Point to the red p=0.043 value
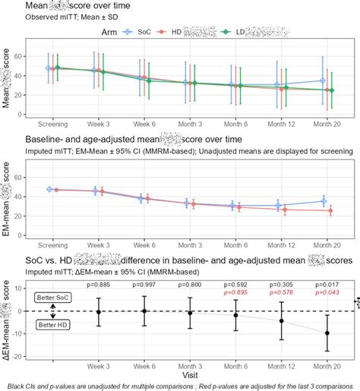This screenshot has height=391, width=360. coord(327,293)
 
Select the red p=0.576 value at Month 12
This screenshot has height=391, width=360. coord(281,293)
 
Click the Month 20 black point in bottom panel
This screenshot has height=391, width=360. coord(327,333)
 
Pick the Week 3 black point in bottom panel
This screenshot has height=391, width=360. coord(98,312)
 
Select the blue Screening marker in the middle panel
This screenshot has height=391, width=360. coord(50,189)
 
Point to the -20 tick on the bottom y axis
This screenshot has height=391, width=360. coord(21,355)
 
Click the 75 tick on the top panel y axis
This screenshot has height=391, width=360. coord(24,52)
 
